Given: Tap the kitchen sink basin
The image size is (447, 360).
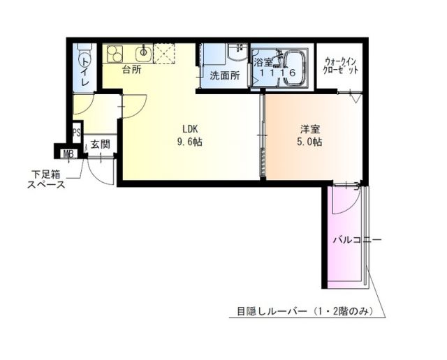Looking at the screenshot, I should click(145, 52).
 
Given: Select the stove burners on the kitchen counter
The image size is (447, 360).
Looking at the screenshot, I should click(115, 52).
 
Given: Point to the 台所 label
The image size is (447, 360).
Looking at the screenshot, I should click(131, 70).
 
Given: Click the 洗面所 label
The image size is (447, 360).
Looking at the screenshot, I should click(225, 75).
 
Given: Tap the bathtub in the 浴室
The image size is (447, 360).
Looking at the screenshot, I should click(292, 69).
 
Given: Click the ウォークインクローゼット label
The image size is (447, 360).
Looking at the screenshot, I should click(340, 66).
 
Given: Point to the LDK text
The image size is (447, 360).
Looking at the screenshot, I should click(190, 128).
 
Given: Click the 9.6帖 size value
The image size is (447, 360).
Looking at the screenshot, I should click(190, 142).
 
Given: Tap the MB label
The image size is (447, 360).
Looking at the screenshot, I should click(68, 153).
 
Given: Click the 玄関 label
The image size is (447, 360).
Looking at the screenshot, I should click(100, 145).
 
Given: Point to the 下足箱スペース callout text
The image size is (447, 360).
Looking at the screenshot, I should click(47, 179).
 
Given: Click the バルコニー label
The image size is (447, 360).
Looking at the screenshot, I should click(356, 240).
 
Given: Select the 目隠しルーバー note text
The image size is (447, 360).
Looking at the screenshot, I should click(307, 311).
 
